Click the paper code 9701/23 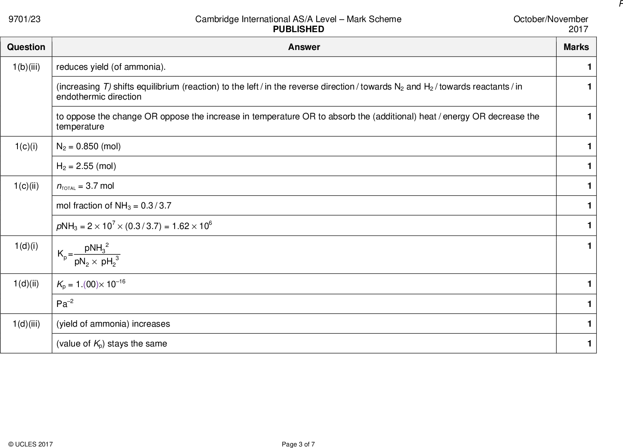24,19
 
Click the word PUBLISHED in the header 298,29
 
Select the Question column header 26,47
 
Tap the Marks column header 576,47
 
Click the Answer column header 304,47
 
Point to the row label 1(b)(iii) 26,67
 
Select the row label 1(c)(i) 26,146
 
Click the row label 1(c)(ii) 26,186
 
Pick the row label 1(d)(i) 26,246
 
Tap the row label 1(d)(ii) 26,284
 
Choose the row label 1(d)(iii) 26,324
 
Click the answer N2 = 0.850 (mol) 89,146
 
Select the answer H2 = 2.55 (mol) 86,166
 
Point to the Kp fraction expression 89,255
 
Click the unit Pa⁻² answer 64,304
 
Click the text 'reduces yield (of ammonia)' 111,67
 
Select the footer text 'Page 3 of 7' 298,445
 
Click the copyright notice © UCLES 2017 30,445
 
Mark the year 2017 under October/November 578,29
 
